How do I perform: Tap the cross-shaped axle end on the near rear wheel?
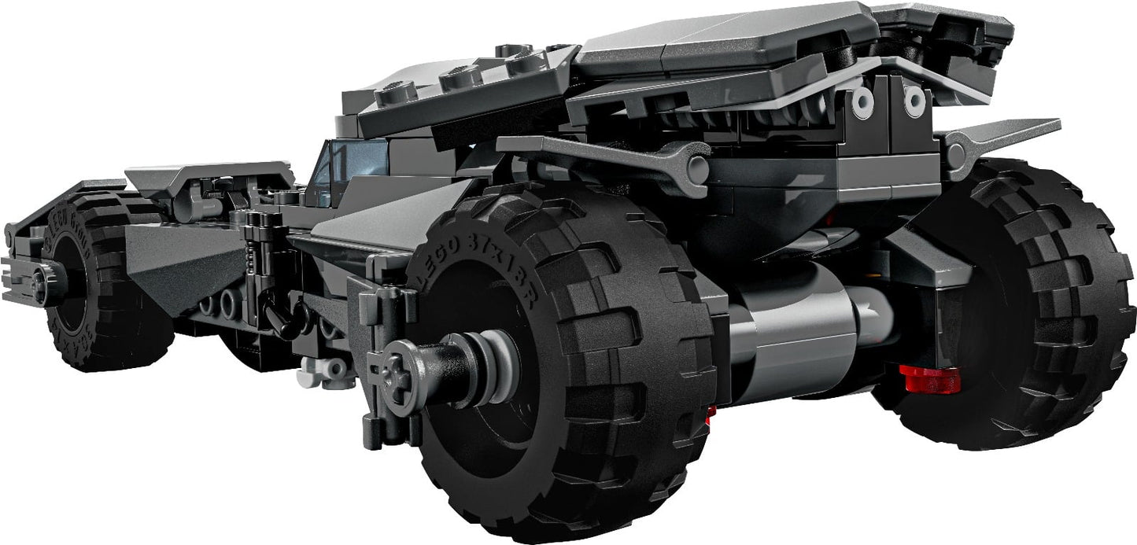396,381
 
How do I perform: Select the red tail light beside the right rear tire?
931,378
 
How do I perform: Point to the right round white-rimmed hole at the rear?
914,100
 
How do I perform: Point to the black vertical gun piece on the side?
256,260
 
